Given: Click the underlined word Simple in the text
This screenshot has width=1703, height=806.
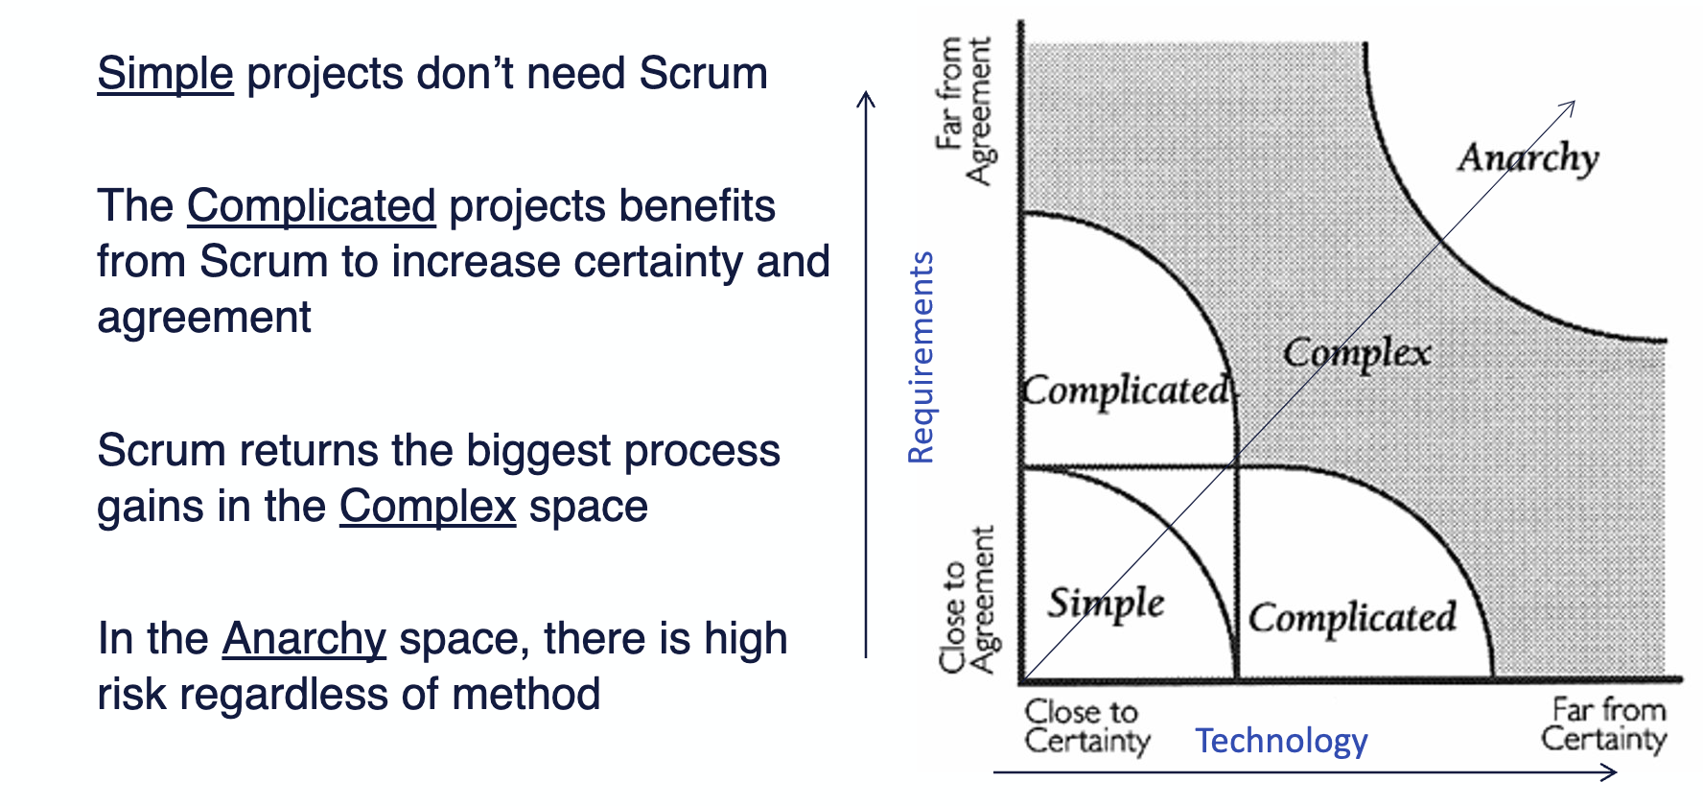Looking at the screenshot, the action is coord(165,74).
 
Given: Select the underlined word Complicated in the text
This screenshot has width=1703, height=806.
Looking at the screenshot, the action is coord(312,206).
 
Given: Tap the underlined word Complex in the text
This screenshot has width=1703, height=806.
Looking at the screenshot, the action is coord(428,507).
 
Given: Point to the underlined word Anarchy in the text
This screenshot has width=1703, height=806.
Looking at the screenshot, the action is coord(304,639).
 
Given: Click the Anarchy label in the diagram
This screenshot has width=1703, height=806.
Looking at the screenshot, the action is coord(1528,157).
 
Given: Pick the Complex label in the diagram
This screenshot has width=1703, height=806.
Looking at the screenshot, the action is coord(1357,353).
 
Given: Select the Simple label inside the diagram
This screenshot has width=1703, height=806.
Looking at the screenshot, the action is coord(1106,604).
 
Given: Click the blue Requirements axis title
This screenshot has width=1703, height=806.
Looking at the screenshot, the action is coord(921,357).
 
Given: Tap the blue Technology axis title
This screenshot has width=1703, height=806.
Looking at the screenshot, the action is coord(1281,741).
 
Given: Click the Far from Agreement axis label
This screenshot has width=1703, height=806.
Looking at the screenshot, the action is coord(965,110).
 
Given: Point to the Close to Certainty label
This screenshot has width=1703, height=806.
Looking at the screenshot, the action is coord(1087,726).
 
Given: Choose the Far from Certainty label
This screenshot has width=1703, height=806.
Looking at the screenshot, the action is coord(1604,724).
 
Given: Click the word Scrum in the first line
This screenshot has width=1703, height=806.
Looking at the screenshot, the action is coord(704,74).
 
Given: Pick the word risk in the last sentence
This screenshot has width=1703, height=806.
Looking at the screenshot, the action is coord(131,695).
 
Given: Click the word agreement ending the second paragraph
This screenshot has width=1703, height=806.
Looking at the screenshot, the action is coord(204,319).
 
